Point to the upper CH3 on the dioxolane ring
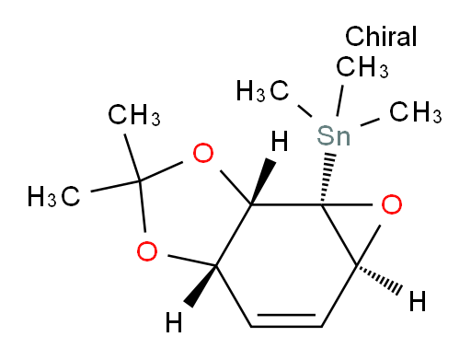[x=134, y=116]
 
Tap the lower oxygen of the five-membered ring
[x=144, y=249]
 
